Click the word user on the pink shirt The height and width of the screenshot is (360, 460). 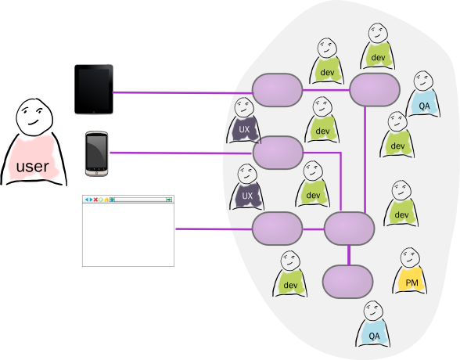pos(33,167)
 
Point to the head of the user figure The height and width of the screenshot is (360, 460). pos(34,117)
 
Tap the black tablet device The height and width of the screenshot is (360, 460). pos(94,89)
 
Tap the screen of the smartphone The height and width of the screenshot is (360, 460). pos(96,152)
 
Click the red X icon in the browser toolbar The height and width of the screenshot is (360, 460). pos(95,200)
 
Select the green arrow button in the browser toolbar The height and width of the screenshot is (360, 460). pos(169,200)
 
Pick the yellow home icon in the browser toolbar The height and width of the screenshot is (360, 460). pos(106,200)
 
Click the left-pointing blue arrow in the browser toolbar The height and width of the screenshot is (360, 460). pos(87,200)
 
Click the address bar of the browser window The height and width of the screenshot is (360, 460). pos(140,200)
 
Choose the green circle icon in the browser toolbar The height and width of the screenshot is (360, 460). pos(101,200)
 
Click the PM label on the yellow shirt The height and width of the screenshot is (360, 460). pos(411,283)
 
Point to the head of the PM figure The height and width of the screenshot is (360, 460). pos(410,257)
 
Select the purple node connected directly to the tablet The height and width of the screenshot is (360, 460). pos(277,90)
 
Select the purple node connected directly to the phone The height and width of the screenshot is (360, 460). pos(278,153)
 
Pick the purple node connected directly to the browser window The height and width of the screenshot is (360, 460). pos(277,229)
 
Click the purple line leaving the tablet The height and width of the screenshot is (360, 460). pos(182,93)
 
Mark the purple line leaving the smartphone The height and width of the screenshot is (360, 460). pos(181,153)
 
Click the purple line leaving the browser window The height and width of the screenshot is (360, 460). pos(214,229)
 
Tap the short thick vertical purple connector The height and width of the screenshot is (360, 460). pos(349,255)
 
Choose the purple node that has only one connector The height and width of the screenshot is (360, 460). pos(347,282)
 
